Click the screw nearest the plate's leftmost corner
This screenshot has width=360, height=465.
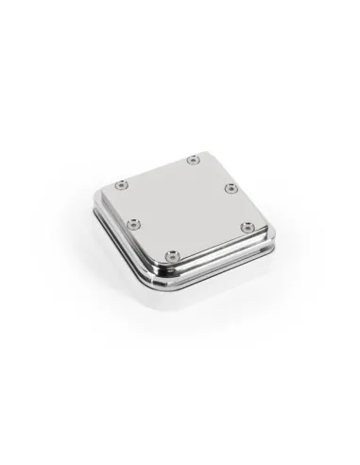pos(120,183)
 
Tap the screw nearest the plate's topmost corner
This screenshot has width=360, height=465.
pos(193,159)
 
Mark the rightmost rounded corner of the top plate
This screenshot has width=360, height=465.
pos(256,227)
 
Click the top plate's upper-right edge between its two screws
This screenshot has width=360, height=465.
pos(212,174)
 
